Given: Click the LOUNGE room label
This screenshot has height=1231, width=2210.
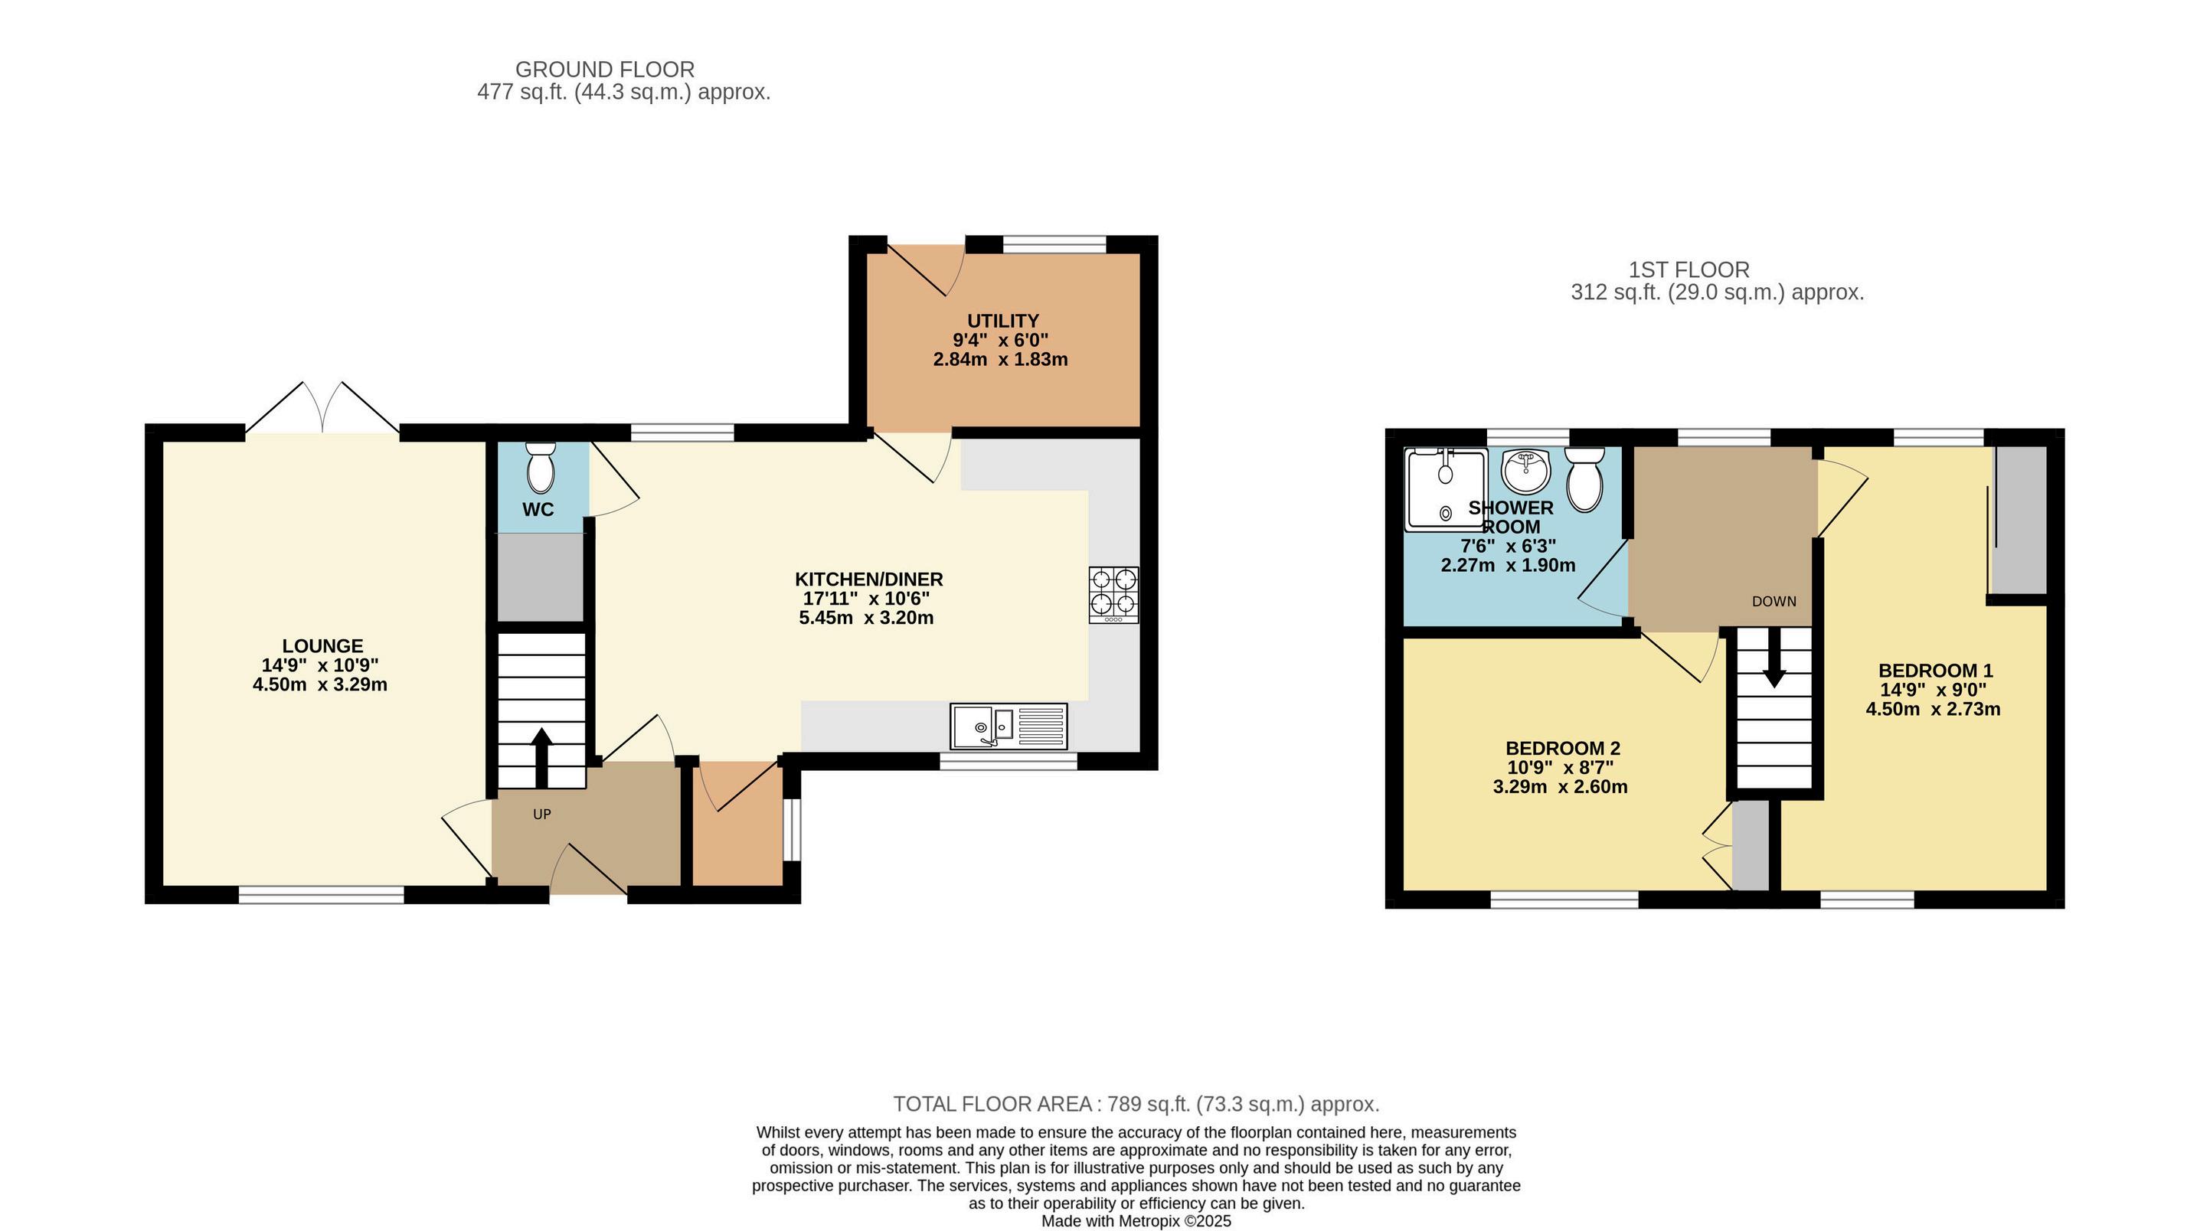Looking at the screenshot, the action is tap(322, 646).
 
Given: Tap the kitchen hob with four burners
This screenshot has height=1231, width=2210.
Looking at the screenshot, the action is tap(1113, 595).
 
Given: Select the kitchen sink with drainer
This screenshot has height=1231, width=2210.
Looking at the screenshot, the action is tap(1009, 726).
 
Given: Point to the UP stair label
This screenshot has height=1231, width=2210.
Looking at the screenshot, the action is tap(541, 814).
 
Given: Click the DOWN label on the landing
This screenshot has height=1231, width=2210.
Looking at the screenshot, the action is tap(1774, 602).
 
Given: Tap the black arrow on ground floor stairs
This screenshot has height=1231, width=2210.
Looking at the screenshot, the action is tap(541, 757).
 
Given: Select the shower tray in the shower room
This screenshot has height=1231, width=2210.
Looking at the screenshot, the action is tap(1446, 489).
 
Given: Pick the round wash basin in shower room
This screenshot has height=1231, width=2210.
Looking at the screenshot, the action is tap(1526, 471).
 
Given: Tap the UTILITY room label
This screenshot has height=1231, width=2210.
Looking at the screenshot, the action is tap(1003, 321).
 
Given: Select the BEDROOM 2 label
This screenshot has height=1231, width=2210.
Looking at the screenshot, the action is tap(1563, 748).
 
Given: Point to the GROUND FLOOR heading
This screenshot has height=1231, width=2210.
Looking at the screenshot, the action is tap(605, 70).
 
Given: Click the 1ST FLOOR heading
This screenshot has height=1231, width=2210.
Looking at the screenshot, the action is tap(1689, 270).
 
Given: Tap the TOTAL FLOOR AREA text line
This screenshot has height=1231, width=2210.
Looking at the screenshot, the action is tap(1136, 1103).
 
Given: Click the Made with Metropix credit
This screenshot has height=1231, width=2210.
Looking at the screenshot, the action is tap(1136, 1221).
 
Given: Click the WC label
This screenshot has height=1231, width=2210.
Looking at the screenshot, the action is tap(538, 510).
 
